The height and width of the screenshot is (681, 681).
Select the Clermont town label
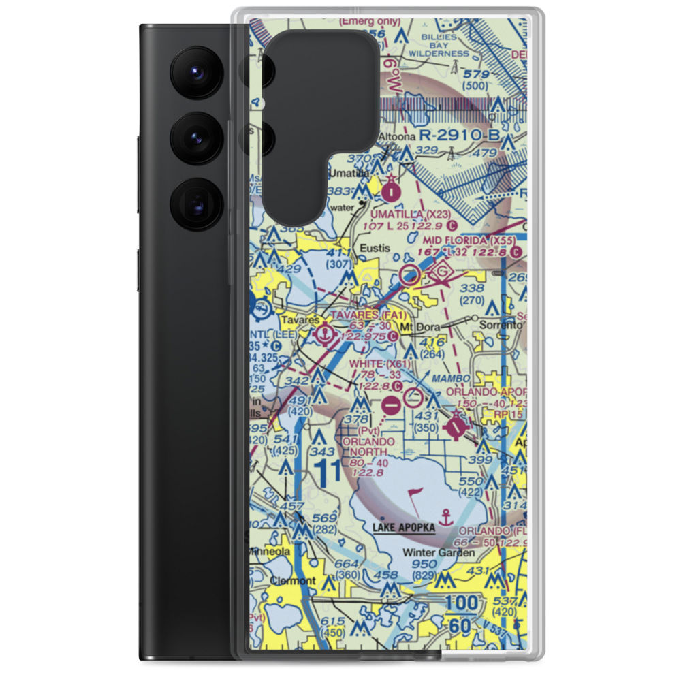coord(292,581)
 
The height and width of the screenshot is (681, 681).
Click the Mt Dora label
coord(416,327)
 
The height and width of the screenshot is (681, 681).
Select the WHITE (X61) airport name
coord(380,364)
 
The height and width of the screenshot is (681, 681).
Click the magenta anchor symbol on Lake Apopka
coord(446,517)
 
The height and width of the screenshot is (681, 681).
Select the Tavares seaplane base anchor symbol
coord(326,334)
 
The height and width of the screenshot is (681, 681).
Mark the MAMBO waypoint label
coord(455,378)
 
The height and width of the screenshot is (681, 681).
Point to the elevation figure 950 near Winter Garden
coord(424,565)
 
